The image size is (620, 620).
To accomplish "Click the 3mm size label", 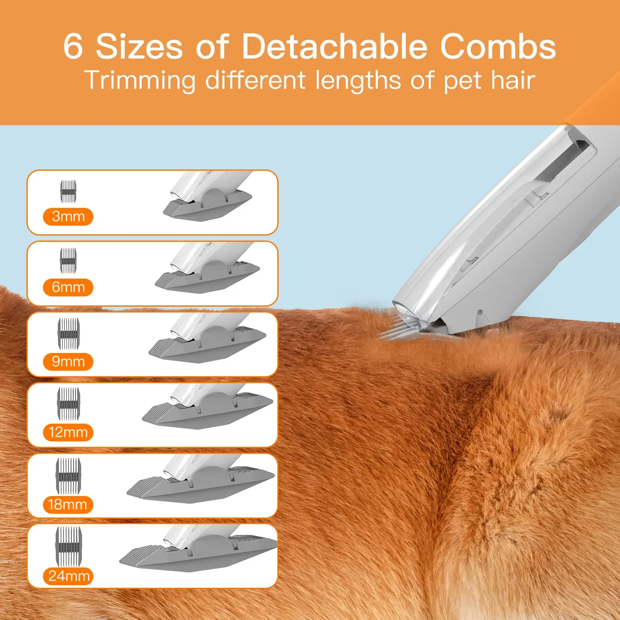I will pyautogui.click(x=68, y=216).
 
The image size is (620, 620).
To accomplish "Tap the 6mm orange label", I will pyautogui.click(x=68, y=287).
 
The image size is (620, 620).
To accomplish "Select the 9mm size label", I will pyautogui.click(x=68, y=362).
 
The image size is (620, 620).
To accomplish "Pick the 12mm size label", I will pyautogui.click(x=68, y=432).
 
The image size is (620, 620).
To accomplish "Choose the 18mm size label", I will pyautogui.click(x=68, y=505).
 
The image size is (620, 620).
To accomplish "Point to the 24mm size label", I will pyautogui.click(x=69, y=576).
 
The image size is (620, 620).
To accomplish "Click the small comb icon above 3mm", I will pyautogui.click(x=69, y=191).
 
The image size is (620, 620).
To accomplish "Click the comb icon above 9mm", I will pyautogui.click(x=68, y=333).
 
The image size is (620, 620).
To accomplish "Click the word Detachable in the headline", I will pyautogui.click(x=334, y=46).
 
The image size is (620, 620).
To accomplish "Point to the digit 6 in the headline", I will pyautogui.click(x=73, y=46).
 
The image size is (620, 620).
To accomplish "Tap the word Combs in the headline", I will pyautogui.click(x=498, y=46).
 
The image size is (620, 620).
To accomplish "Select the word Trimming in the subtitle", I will pyautogui.click(x=140, y=80).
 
